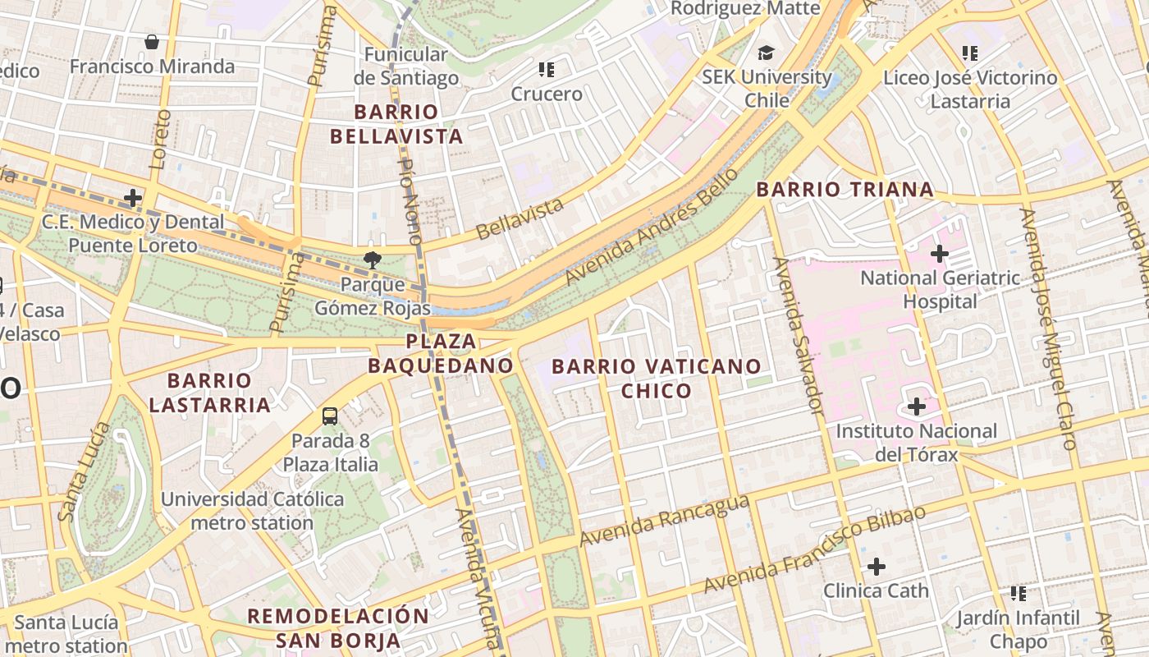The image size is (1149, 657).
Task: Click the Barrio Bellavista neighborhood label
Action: click(397, 124)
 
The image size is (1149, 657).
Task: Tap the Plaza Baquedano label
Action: click(441, 353)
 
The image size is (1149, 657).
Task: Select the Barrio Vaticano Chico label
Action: click(657, 378)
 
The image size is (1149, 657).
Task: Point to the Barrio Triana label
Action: click(845, 190)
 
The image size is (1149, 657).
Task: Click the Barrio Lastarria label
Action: click(210, 393)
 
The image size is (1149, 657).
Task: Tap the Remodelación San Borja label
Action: click(338, 628)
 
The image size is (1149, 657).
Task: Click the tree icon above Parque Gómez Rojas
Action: click(373, 260)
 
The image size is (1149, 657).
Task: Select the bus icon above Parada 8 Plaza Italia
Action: click(330, 416)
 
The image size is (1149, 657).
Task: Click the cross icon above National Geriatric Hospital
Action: click(940, 254)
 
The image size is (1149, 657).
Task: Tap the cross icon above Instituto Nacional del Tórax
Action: click(917, 407)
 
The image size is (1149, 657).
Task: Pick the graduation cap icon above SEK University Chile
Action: click(766, 53)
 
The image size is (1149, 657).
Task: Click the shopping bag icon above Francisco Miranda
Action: click(152, 42)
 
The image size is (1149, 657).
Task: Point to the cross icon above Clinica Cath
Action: click(877, 567)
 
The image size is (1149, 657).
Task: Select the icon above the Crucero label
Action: click(547, 70)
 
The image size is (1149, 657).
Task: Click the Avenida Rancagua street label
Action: click(665, 521)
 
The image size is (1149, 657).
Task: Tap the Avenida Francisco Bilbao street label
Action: click(815, 549)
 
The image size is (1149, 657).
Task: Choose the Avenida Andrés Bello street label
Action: click(652, 228)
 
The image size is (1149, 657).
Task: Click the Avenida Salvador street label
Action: click(798, 335)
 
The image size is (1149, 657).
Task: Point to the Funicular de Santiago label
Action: click(406, 67)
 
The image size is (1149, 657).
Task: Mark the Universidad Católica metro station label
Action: click(252, 511)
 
